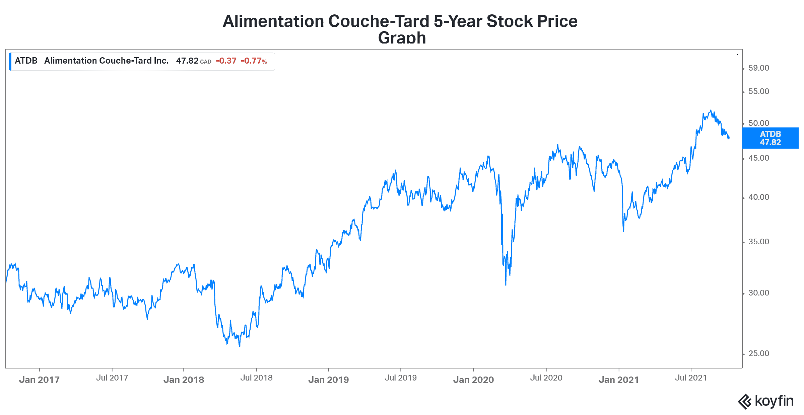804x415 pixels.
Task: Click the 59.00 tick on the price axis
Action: (x=758, y=68)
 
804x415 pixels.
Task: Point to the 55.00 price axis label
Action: (x=758, y=92)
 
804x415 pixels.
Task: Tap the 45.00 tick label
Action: (x=758, y=158)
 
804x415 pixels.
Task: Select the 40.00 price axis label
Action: (x=758, y=197)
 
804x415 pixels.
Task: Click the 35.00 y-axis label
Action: (x=758, y=242)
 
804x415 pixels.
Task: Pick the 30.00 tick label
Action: (x=758, y=293)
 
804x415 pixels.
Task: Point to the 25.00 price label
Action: (x=758, y=354)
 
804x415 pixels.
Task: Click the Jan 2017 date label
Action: (x=39, y=380)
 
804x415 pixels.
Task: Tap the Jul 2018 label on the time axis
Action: (x=256, y=378)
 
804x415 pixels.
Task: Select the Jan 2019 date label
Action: (x=328, y=380)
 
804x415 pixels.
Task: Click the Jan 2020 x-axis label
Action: (x=473, y=380)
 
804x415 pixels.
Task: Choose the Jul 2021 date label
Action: (x=691, y=378)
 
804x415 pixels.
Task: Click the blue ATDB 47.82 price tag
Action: (x=770, y=138)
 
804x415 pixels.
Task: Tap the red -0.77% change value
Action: (x=254, y=61)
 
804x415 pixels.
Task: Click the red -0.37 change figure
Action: (x=226, y=61)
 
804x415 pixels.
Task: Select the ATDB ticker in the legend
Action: (x=26, y=61)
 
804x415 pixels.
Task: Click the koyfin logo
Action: (x=765, y=401)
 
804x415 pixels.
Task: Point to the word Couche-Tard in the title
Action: (x=379, y=21)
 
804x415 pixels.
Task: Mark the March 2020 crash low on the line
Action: (x=506, y=285)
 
